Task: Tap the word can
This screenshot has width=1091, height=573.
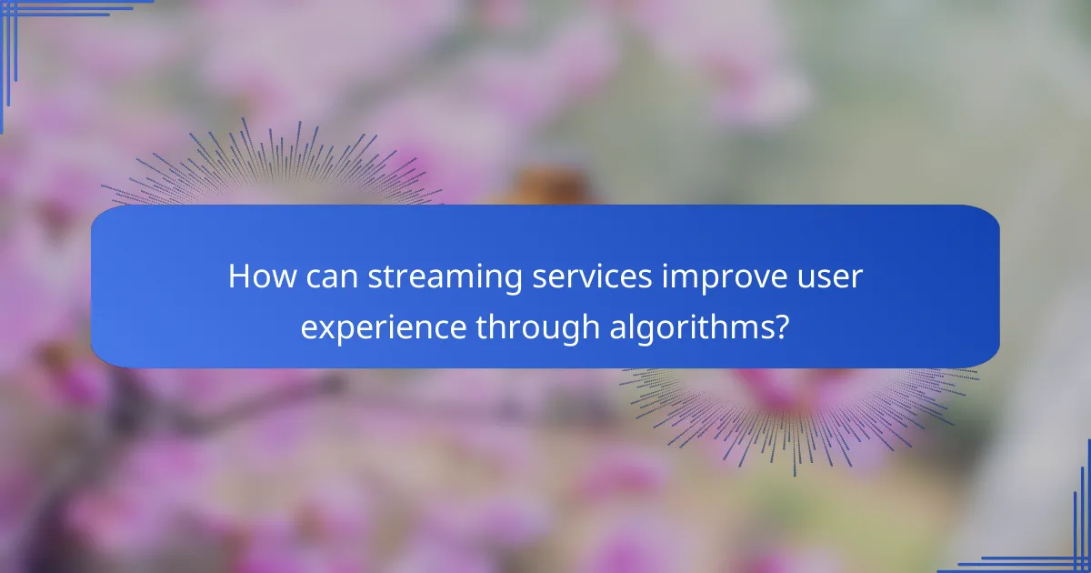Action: click(x=331, y=276)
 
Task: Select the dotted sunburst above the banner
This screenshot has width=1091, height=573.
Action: click(x=273, y=168)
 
